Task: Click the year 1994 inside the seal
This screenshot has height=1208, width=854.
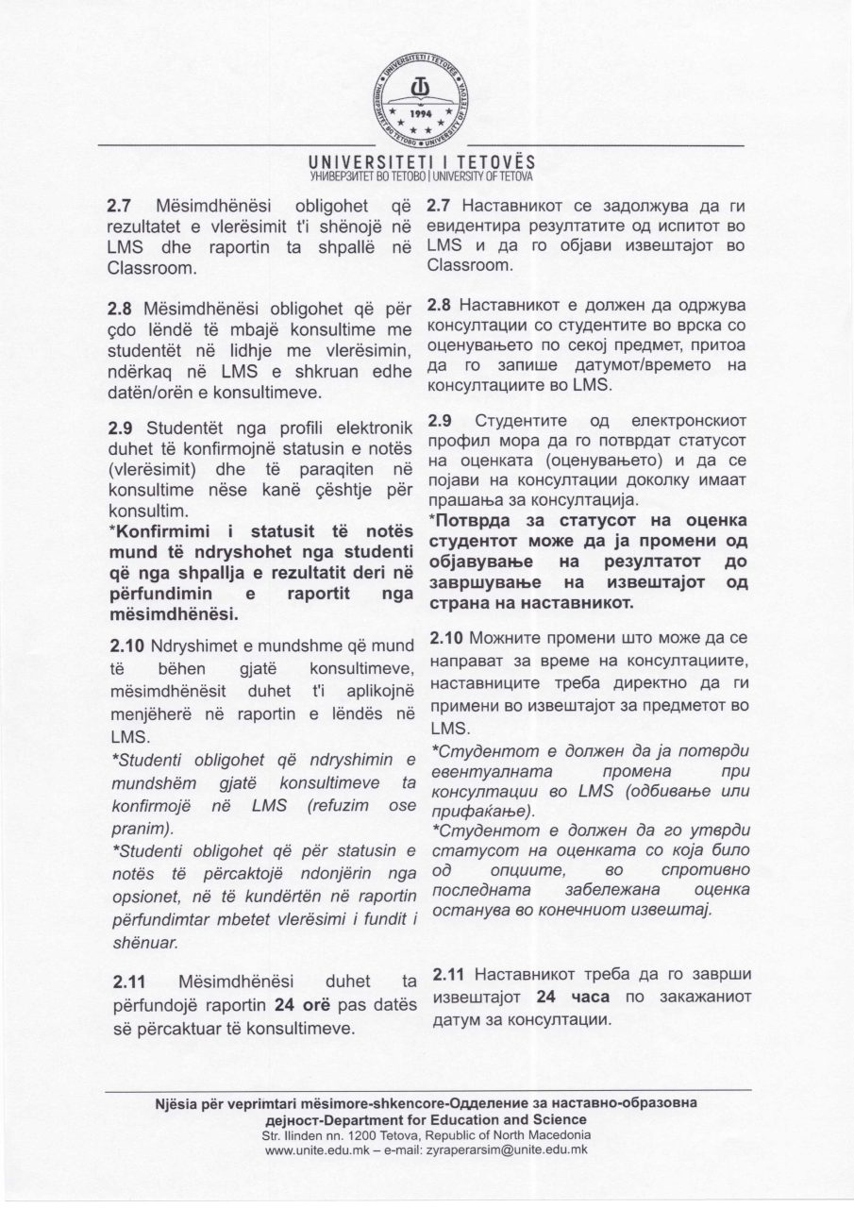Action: (x=427, y=110)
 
